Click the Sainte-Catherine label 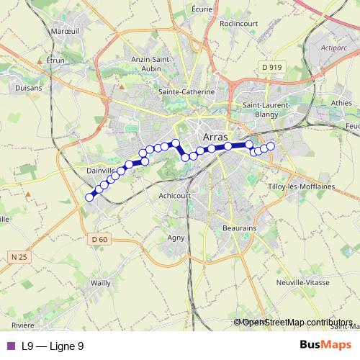point(186,92)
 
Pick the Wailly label point(101,283)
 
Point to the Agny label point(176,237)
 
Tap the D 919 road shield point(271,67)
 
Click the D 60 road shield point(99,239)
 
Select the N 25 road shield point(19,256)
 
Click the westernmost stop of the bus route point(90,197)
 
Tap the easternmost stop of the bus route point(271,146)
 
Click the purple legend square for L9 point(11,346)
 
